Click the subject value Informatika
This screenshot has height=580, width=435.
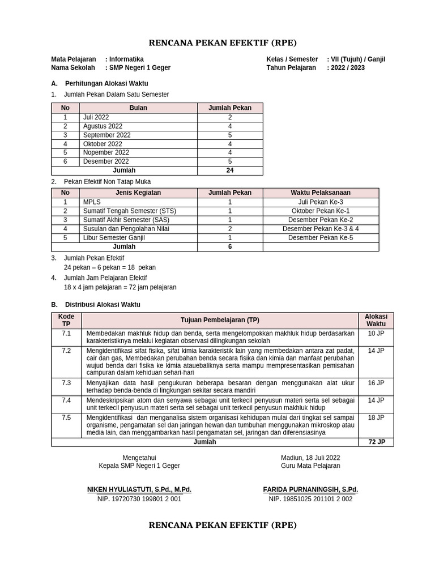click(126, 59)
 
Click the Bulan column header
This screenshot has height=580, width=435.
click(138, 108)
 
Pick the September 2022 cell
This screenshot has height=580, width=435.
click(106, 135)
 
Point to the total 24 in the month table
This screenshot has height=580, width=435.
click(230, 170)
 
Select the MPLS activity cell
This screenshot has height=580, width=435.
click(91, 202)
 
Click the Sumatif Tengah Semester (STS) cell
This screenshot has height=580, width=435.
click(129, 211)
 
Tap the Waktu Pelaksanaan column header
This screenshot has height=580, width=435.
click(321, 193)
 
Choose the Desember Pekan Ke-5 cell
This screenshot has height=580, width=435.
click(321, 238)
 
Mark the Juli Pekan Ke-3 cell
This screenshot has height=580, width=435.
click(321, 202)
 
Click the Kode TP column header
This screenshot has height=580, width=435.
click(66, 320)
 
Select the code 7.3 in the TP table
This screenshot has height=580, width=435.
click(66, 383)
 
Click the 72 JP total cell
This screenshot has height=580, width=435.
click(376, 442)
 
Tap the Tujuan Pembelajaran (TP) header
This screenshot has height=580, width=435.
click(220, 320)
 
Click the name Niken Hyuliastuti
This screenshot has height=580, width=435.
click(139, 489)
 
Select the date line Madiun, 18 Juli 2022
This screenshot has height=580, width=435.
click(310, 458)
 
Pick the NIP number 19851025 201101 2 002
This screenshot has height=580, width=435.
click(310, 499)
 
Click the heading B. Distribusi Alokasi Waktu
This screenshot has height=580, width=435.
click(96, 304)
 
